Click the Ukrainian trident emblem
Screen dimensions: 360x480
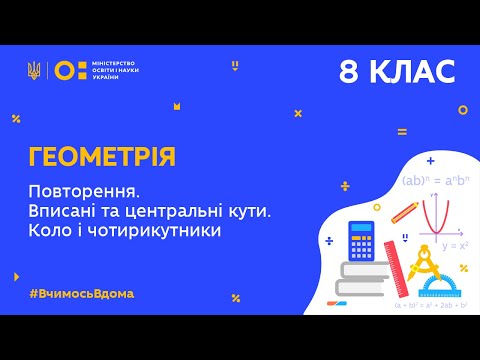(34, 70)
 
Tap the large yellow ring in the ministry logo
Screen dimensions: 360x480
(65, 70)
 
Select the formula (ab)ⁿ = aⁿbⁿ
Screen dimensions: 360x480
(433, 181)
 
